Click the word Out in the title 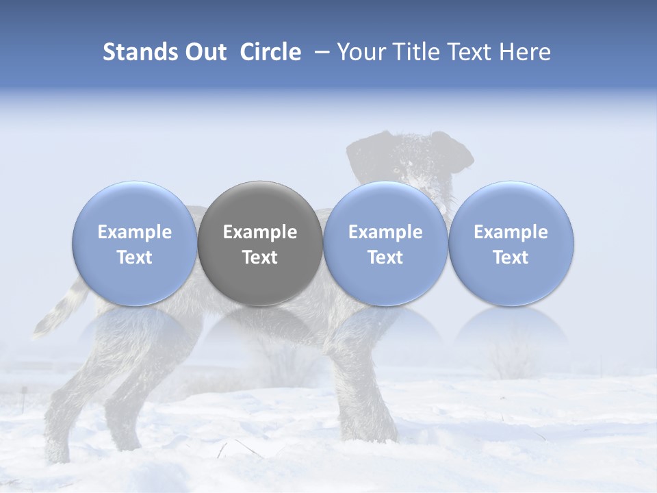(x=206, y=52)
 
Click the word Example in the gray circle (x=260, y=232)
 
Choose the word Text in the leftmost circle (x=135, y=257)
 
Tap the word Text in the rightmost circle (x=511, y=257)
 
